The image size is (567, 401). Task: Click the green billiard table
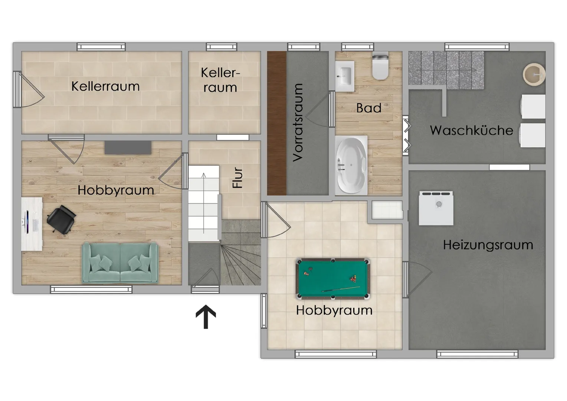(332, 278)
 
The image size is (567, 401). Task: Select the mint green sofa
(120, 263)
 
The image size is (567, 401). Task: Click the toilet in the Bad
(380, 66)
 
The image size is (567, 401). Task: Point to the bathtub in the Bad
(351, 166)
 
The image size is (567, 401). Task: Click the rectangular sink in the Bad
(344, 76)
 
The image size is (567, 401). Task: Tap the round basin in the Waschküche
(534, 75)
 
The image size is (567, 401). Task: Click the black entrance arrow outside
(206, 316)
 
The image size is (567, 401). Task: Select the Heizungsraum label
(488, 245)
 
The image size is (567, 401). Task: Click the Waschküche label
(472, 130)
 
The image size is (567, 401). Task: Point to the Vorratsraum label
(298, 123)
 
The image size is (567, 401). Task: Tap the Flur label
(237, 177)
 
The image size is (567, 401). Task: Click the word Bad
(369, 108)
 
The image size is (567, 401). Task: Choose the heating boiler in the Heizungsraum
(436, 208)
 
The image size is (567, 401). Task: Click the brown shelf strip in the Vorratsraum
(277, 123)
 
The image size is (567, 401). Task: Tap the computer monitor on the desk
(26, 222)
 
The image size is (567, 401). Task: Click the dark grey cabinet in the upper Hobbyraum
(128, 147)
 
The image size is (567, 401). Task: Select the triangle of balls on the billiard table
(353, 279)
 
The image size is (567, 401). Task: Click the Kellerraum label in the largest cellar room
(105, 87)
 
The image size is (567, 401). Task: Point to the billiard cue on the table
(341, 289)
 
